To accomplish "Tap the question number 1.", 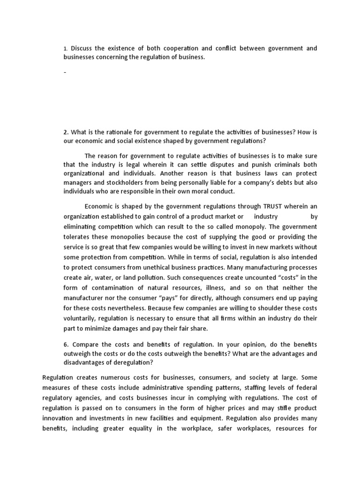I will pos(66,48).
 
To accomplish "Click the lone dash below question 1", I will pos(65,73).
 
